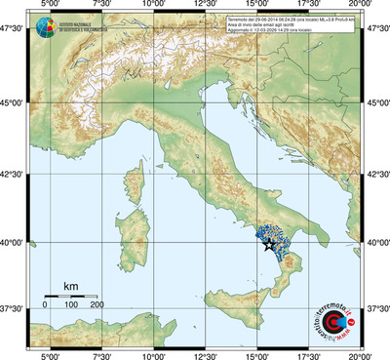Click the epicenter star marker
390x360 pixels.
coord(269,245)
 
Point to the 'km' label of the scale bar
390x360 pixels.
coord(71,286)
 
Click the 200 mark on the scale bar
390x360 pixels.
coord(97,305)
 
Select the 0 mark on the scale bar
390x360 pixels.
coord(45,305)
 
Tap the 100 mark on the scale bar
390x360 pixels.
coord(71,305)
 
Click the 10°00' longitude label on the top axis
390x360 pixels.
coord(153,7)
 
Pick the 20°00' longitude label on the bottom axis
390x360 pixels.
coord(362,354)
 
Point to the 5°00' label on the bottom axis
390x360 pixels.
coord(49,354)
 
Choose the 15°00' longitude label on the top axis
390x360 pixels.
coord(257,7)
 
